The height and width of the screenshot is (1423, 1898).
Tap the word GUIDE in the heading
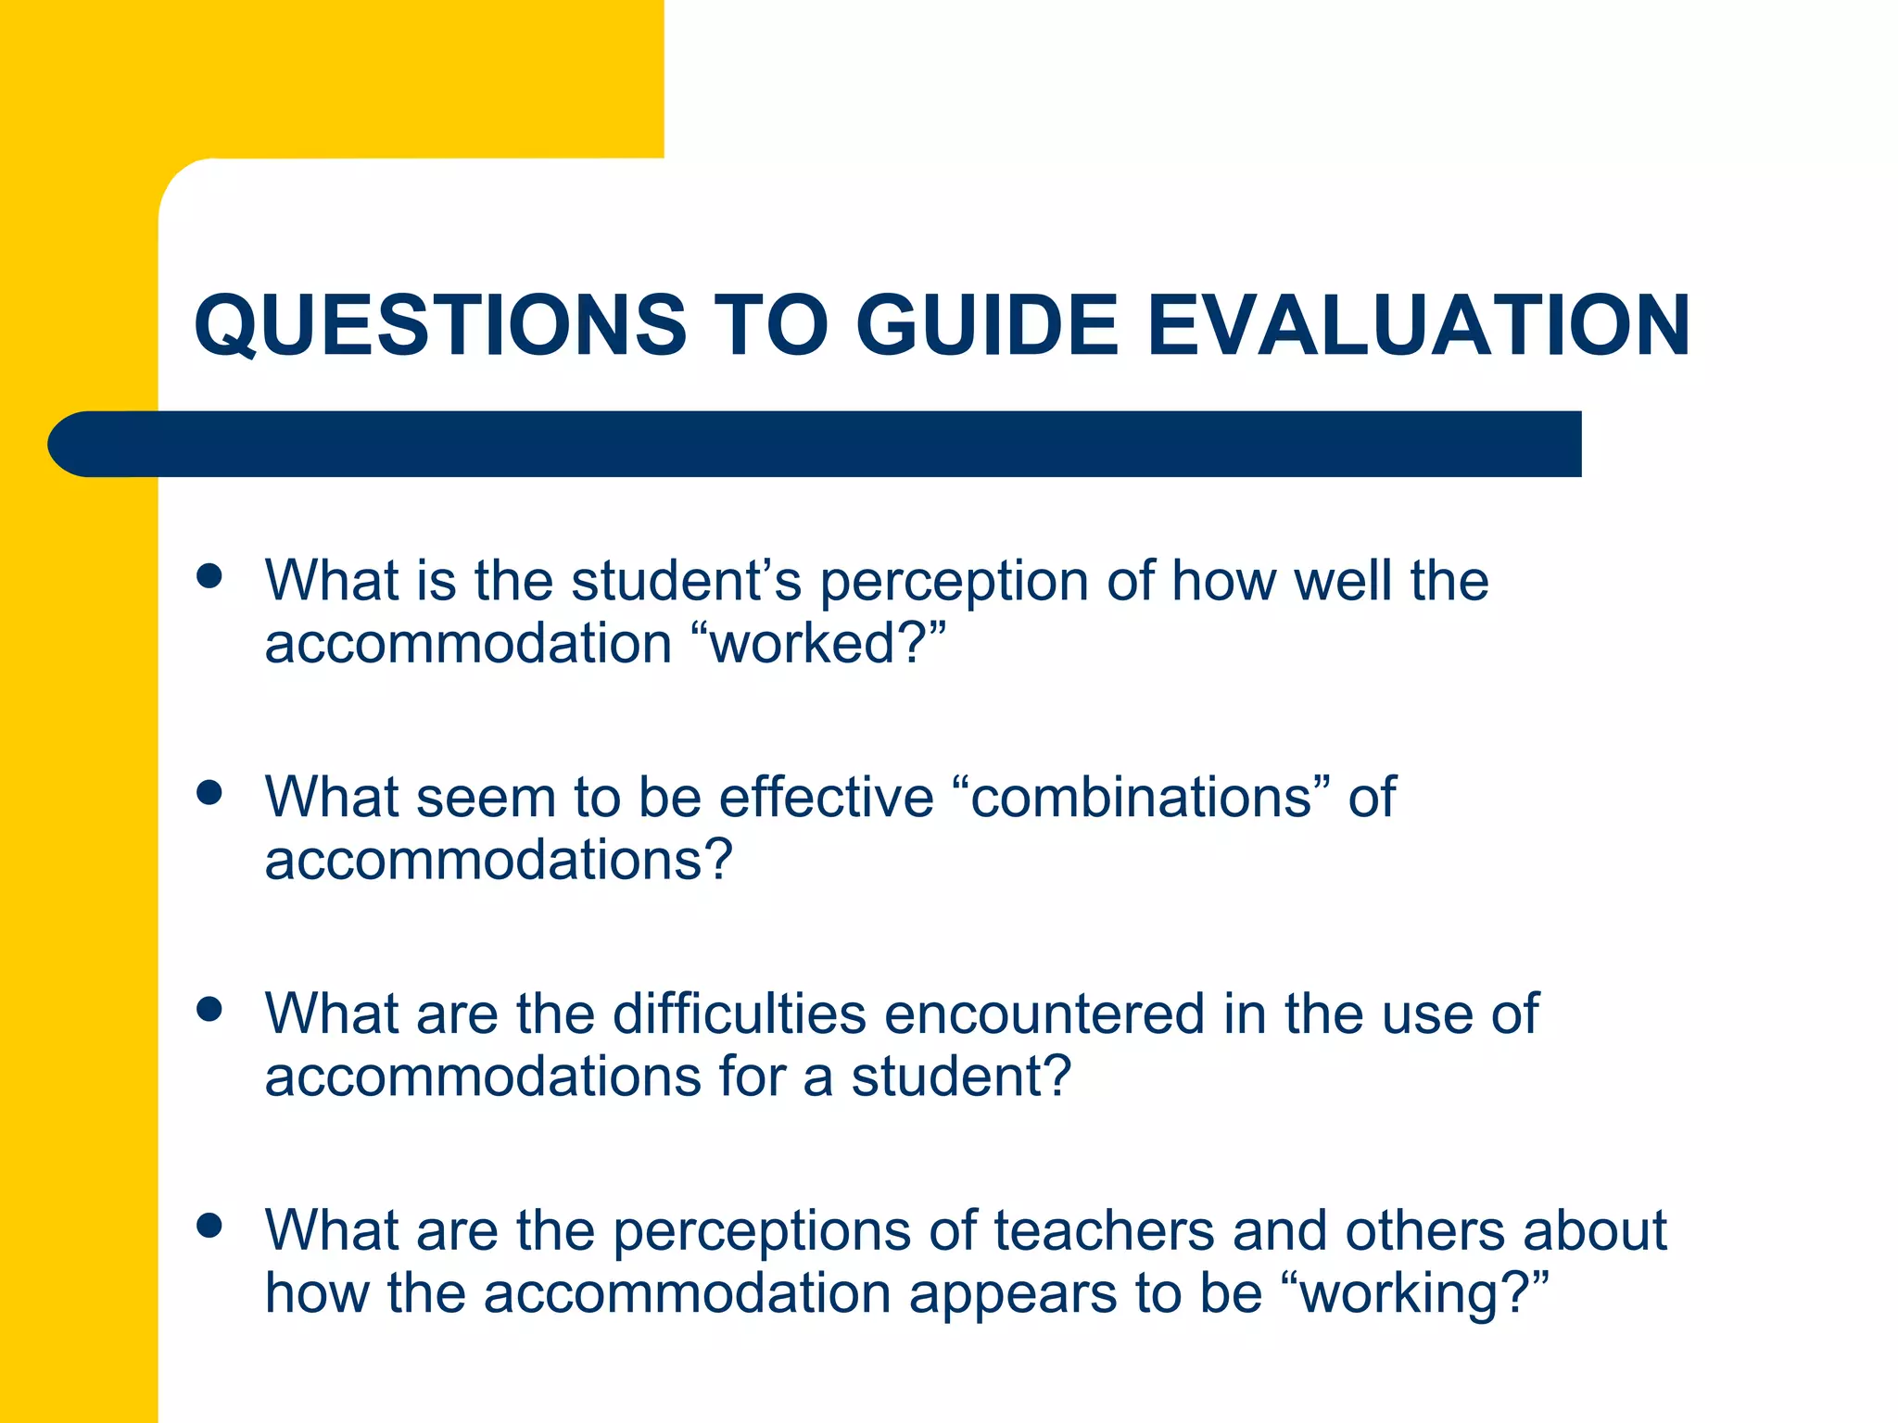987,325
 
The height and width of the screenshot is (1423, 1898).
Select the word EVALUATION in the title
1419,325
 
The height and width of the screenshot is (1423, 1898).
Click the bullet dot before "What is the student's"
210,575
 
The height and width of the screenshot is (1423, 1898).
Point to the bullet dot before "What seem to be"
210,792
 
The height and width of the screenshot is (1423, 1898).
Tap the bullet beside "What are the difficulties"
210,1009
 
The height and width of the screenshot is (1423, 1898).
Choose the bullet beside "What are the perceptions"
210,1226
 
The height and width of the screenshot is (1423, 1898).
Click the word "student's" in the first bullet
686,581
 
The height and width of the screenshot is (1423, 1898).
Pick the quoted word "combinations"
1141,797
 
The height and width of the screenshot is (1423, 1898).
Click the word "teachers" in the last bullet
1104,1230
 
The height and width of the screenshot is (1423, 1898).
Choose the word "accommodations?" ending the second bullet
499,860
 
